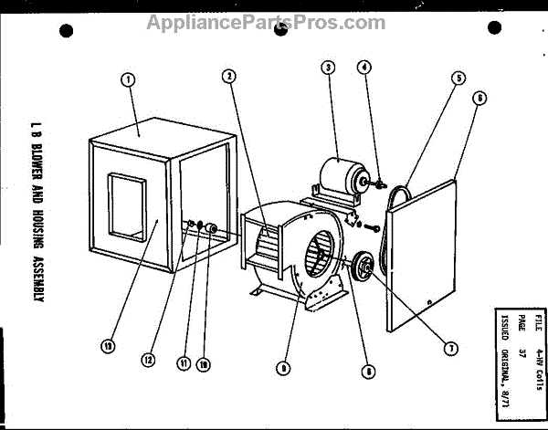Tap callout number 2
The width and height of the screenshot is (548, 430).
[230, 77]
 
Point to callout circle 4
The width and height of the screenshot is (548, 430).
[364, 67]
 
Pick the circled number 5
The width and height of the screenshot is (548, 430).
[457, 79]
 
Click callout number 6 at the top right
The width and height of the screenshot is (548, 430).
[479, 99]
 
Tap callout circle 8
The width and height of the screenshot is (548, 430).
[367, 371]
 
